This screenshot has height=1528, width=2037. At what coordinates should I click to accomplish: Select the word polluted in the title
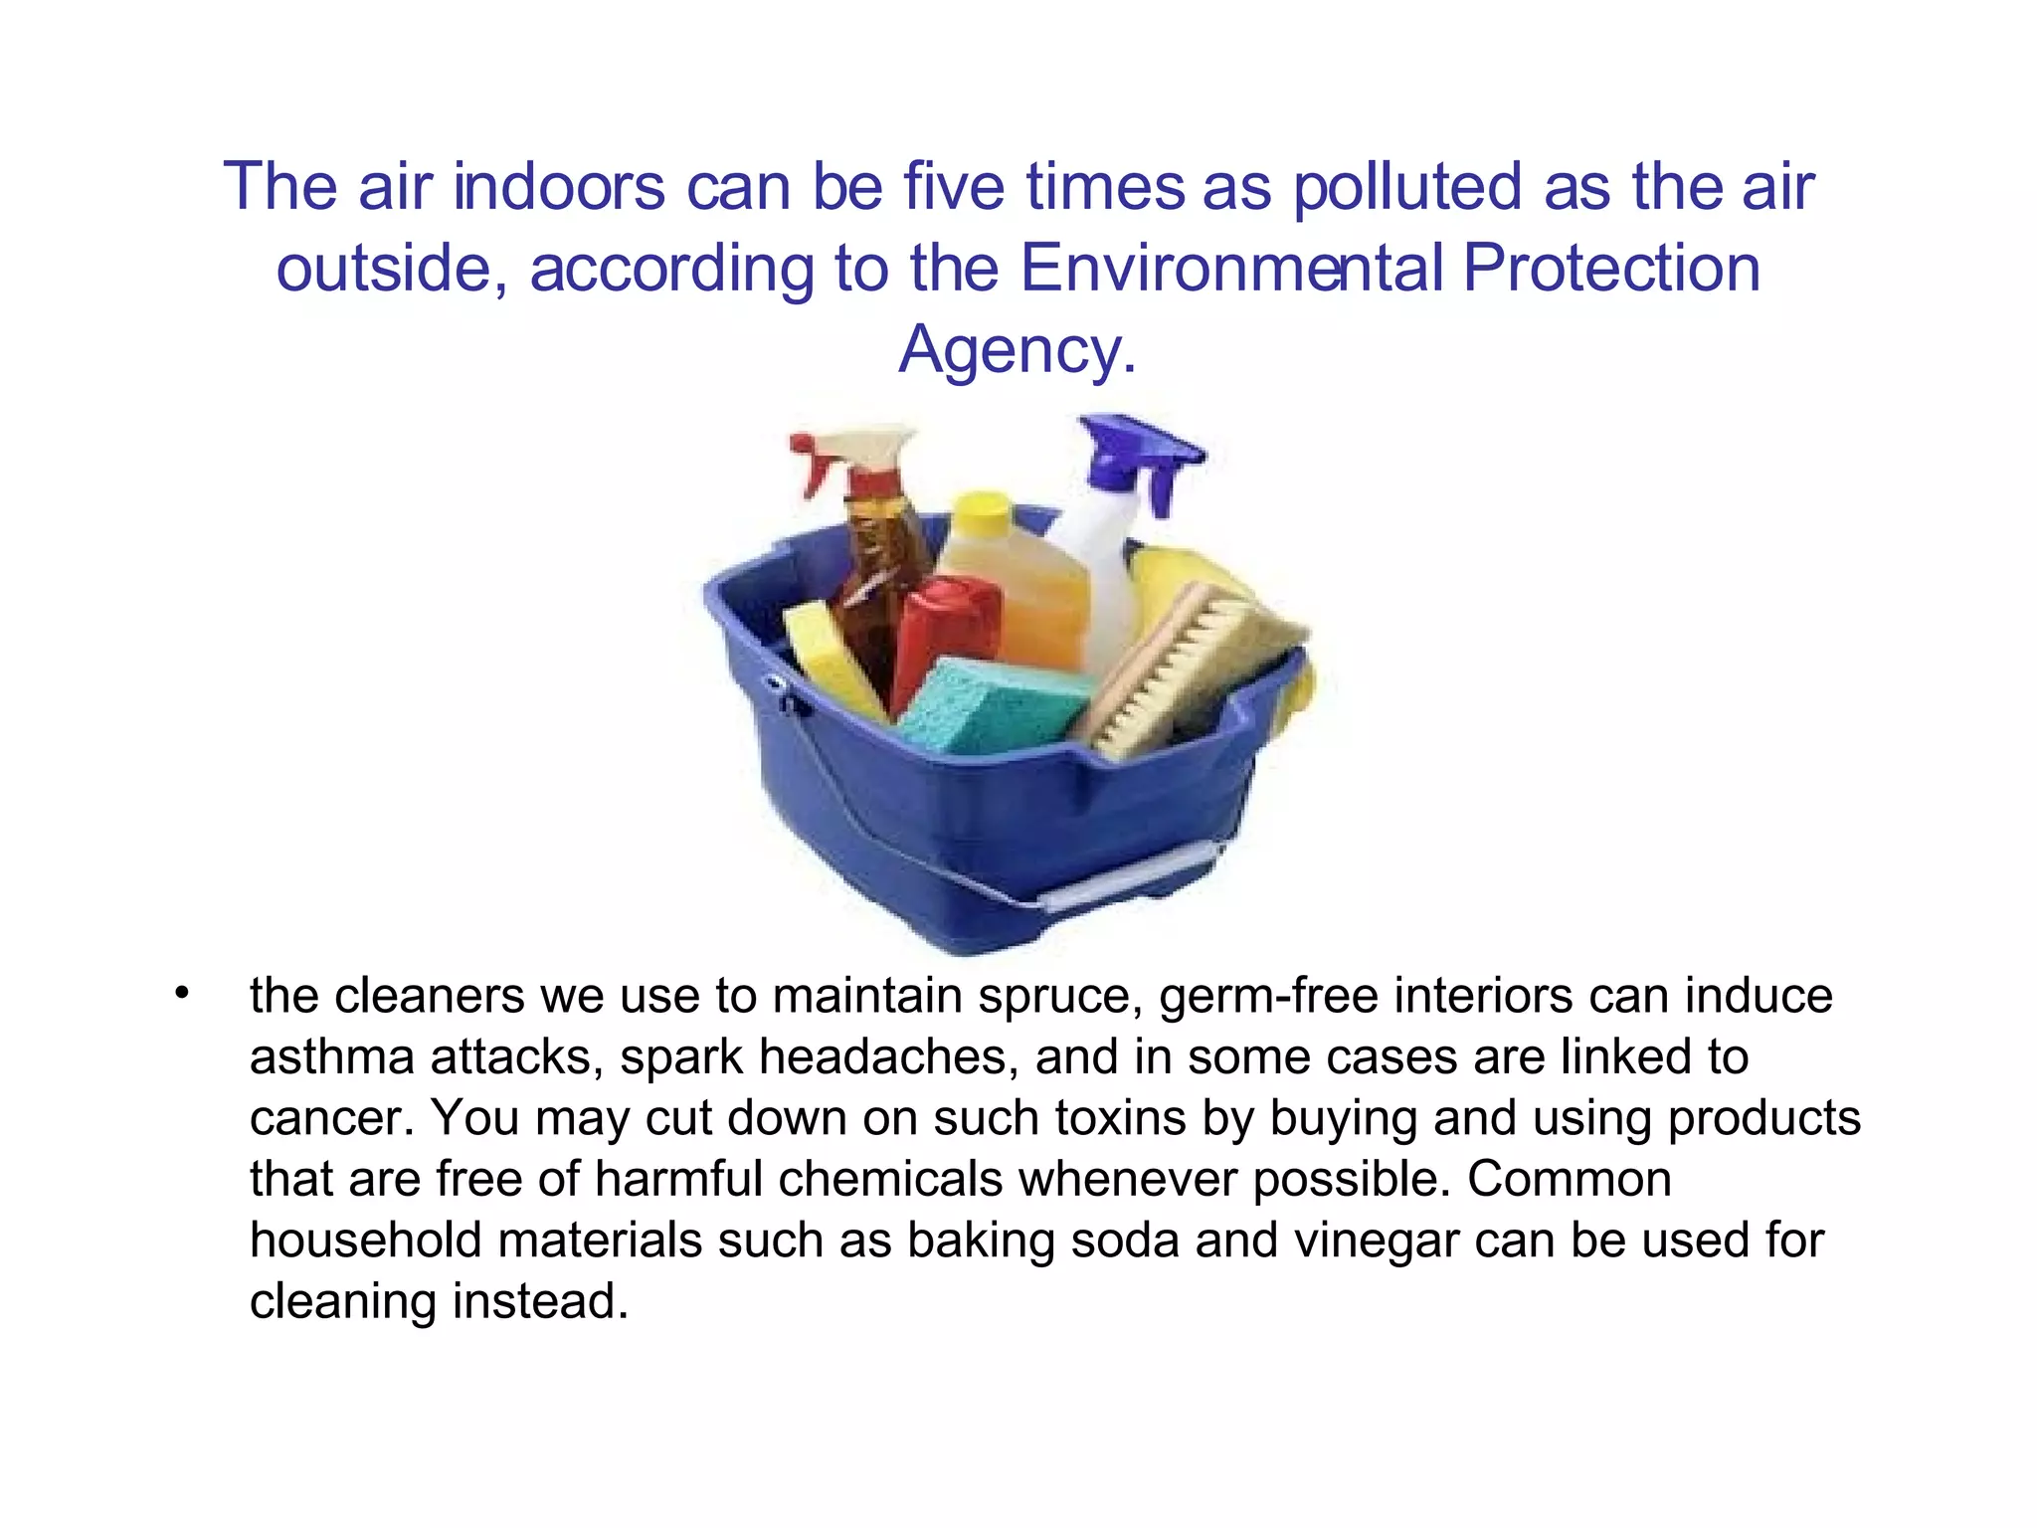(x=1407, y=187)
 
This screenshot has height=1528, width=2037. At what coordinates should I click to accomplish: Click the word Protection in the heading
(x=1611, y=269)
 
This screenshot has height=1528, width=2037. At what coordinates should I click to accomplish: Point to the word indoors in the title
(x=558, y=187)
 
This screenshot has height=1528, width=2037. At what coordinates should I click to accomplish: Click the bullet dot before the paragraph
(x=180, y=993)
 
